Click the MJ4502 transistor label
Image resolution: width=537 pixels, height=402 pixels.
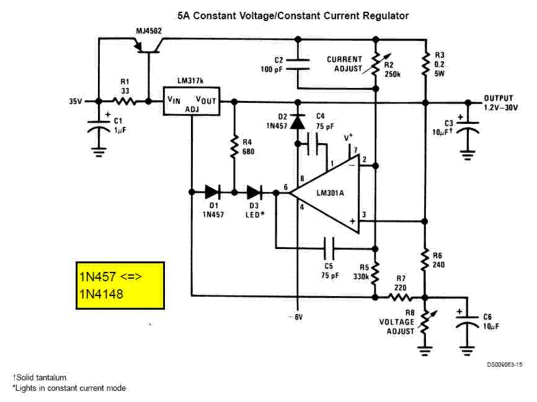coord(149,31)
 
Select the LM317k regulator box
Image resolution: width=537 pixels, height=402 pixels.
coord(191,101)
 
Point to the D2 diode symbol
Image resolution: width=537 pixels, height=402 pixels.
coord(298,122)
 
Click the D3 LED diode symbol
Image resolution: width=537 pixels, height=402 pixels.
coord(254,193)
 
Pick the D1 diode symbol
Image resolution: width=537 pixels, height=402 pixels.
coord(212,193)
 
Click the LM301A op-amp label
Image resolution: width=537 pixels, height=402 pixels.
coord(330,193)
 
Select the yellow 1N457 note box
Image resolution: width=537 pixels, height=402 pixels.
coord(120,286)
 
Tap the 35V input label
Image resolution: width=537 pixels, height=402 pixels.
coord(76,102)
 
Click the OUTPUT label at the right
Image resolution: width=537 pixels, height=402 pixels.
coord(499,98)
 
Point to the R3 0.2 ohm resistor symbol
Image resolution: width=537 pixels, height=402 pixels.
coord(426,64)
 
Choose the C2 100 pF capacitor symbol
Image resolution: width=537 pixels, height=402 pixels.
coord(298,64)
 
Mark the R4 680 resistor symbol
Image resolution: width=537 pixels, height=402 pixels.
coord(234,147)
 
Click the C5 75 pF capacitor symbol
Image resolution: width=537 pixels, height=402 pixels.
coord(329,248)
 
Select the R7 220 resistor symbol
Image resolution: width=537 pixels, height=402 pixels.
coord(400,298)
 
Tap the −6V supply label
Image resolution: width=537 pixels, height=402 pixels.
coord(296,318)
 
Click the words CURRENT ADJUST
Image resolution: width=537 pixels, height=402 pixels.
coord(345,64)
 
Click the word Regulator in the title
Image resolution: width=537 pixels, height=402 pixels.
coord(386,15)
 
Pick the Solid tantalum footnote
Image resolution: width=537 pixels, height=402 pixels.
coord(40,378)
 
